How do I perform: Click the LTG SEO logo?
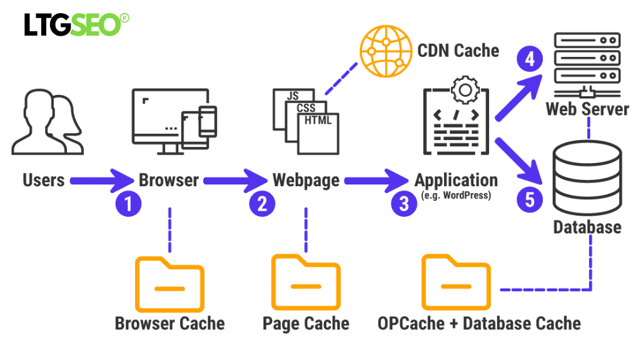tap(77, 24)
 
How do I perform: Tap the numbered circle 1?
tap(128, 204)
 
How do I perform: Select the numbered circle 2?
tap(262, 204)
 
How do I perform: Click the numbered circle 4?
tap(530, 60)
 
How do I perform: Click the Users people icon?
tap(47, 123)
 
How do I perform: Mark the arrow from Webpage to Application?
tap(375, 181)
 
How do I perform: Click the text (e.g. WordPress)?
tap(455, 196)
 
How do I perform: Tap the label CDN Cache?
tap(458, 50)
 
